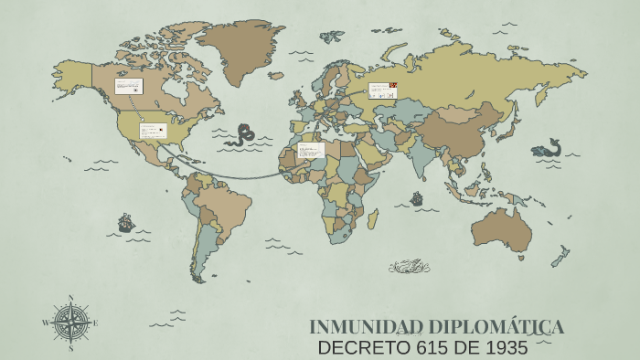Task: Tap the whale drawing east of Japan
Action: coord(547,148)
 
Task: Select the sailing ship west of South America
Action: coord(126,222)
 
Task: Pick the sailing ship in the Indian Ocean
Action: coord(417,198)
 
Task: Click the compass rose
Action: coord(70,323)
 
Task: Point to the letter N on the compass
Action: coord(70,298)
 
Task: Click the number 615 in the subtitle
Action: coord(430,347)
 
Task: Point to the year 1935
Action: coord(507,347)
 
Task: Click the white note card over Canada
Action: coord(128,87)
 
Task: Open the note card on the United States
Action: coord(153,131)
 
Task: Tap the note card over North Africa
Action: coord(311,150)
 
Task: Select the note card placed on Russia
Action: coord(382,90)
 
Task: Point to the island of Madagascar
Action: coord(372,218)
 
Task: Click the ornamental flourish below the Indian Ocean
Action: coord(409,267)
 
